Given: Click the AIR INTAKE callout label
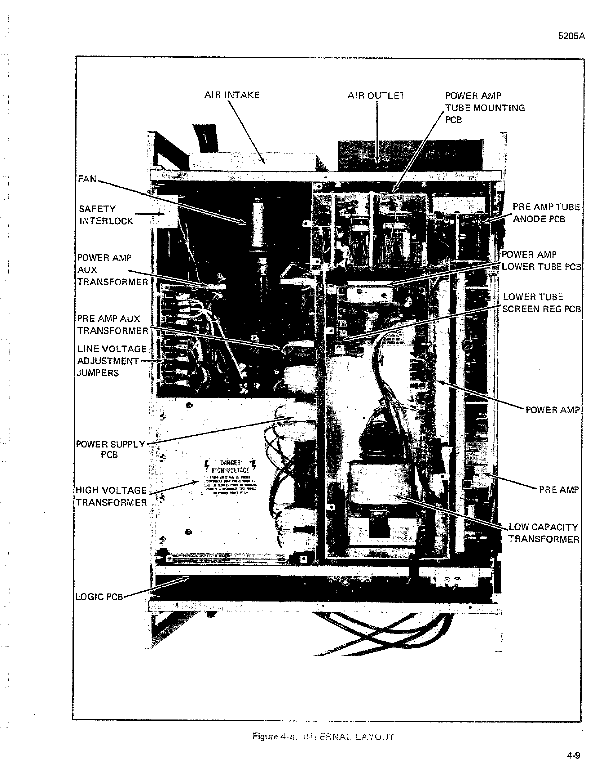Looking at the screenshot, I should [x=232, y=95].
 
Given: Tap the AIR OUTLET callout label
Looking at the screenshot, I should [x=376, y=95].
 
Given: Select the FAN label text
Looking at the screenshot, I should [x=87, y=179].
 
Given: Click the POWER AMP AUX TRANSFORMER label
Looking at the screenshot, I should [x=112, y=270].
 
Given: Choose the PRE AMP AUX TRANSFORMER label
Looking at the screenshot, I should [x=112, y=324].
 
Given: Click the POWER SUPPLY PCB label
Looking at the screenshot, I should [x=110, y=449].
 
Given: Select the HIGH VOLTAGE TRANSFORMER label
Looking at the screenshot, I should [x=111, y=496].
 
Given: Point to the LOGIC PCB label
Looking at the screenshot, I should [x=99, y=596].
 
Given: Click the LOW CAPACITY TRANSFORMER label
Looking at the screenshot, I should [x=543, y=533].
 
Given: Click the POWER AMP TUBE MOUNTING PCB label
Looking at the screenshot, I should [x=484, y=107].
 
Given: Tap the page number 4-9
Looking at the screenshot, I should [x=573, y=757].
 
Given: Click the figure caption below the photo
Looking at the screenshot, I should [x=323, y=737].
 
